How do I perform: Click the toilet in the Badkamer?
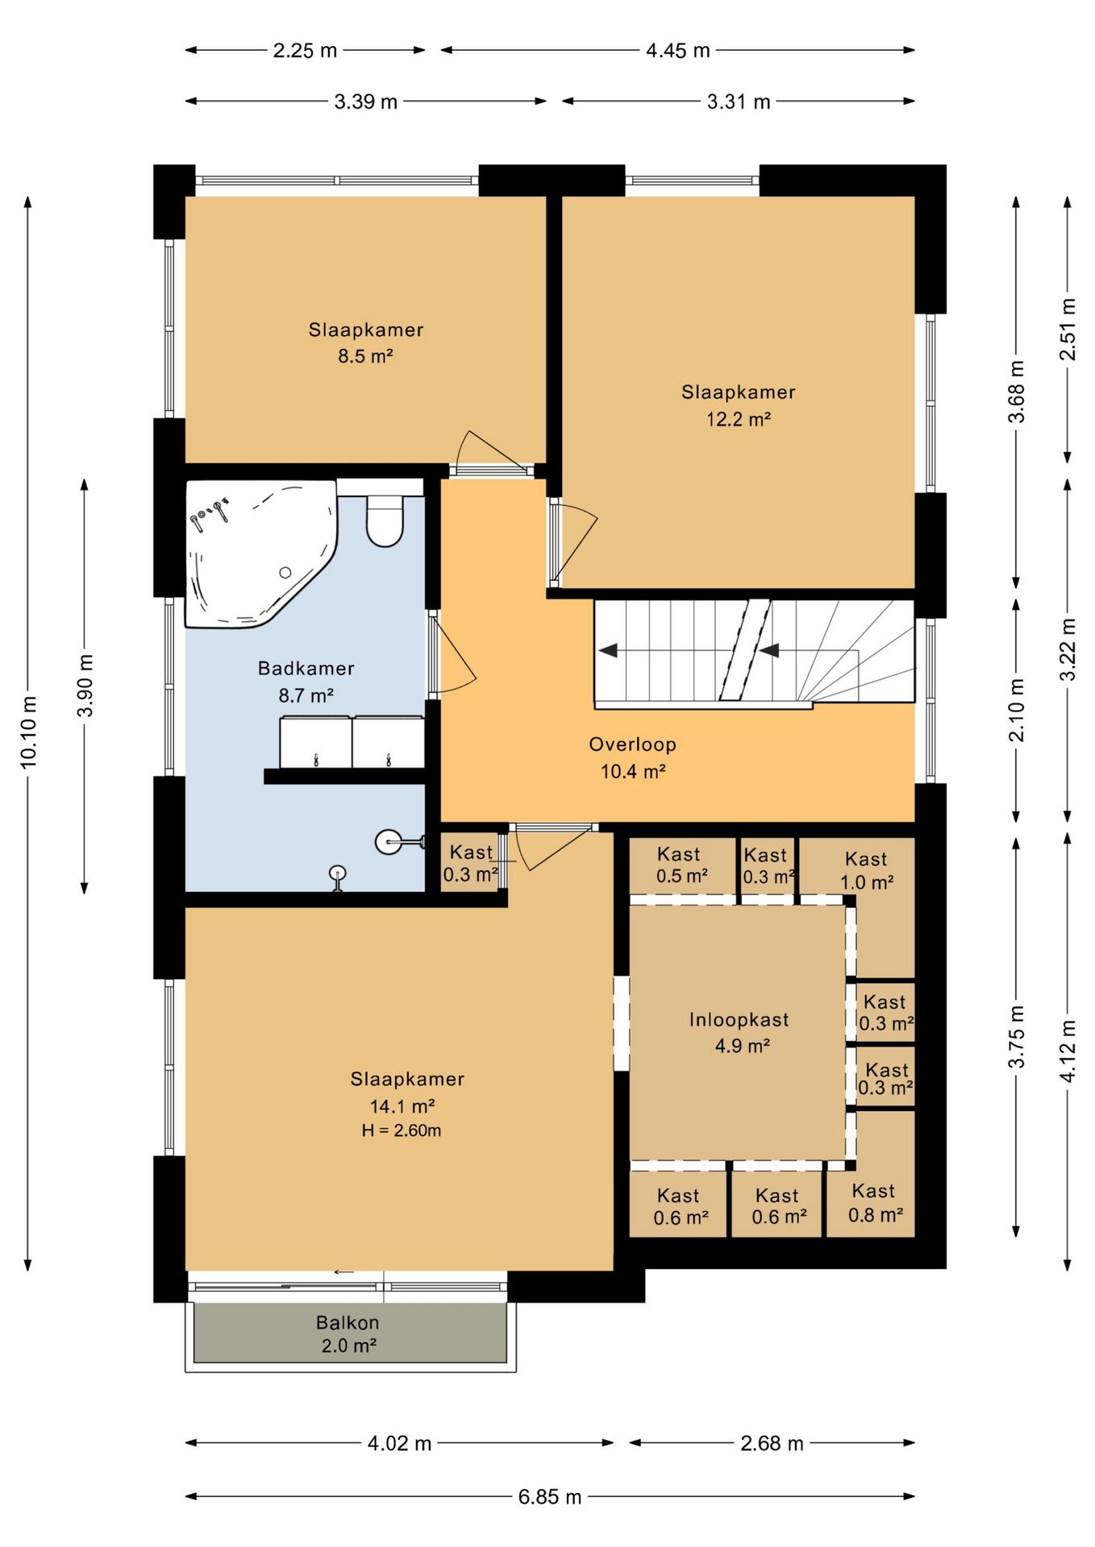385,521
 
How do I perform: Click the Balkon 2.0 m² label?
348,1333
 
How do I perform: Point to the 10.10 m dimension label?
29,732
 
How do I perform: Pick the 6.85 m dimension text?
550,1496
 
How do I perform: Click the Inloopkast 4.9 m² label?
739,1032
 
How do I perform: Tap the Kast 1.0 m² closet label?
867,871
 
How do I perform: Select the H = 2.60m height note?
402,1130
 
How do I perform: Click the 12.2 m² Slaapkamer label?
739,405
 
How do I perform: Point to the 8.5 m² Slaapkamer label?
366,342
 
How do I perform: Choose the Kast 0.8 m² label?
875,1203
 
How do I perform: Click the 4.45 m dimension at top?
678,50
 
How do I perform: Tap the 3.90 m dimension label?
85,685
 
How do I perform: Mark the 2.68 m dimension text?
772,1443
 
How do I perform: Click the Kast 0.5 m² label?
681,865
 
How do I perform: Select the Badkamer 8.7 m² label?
306,682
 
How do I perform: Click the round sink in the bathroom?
389,842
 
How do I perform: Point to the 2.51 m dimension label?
1068,330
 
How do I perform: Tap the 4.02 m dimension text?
400,1443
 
